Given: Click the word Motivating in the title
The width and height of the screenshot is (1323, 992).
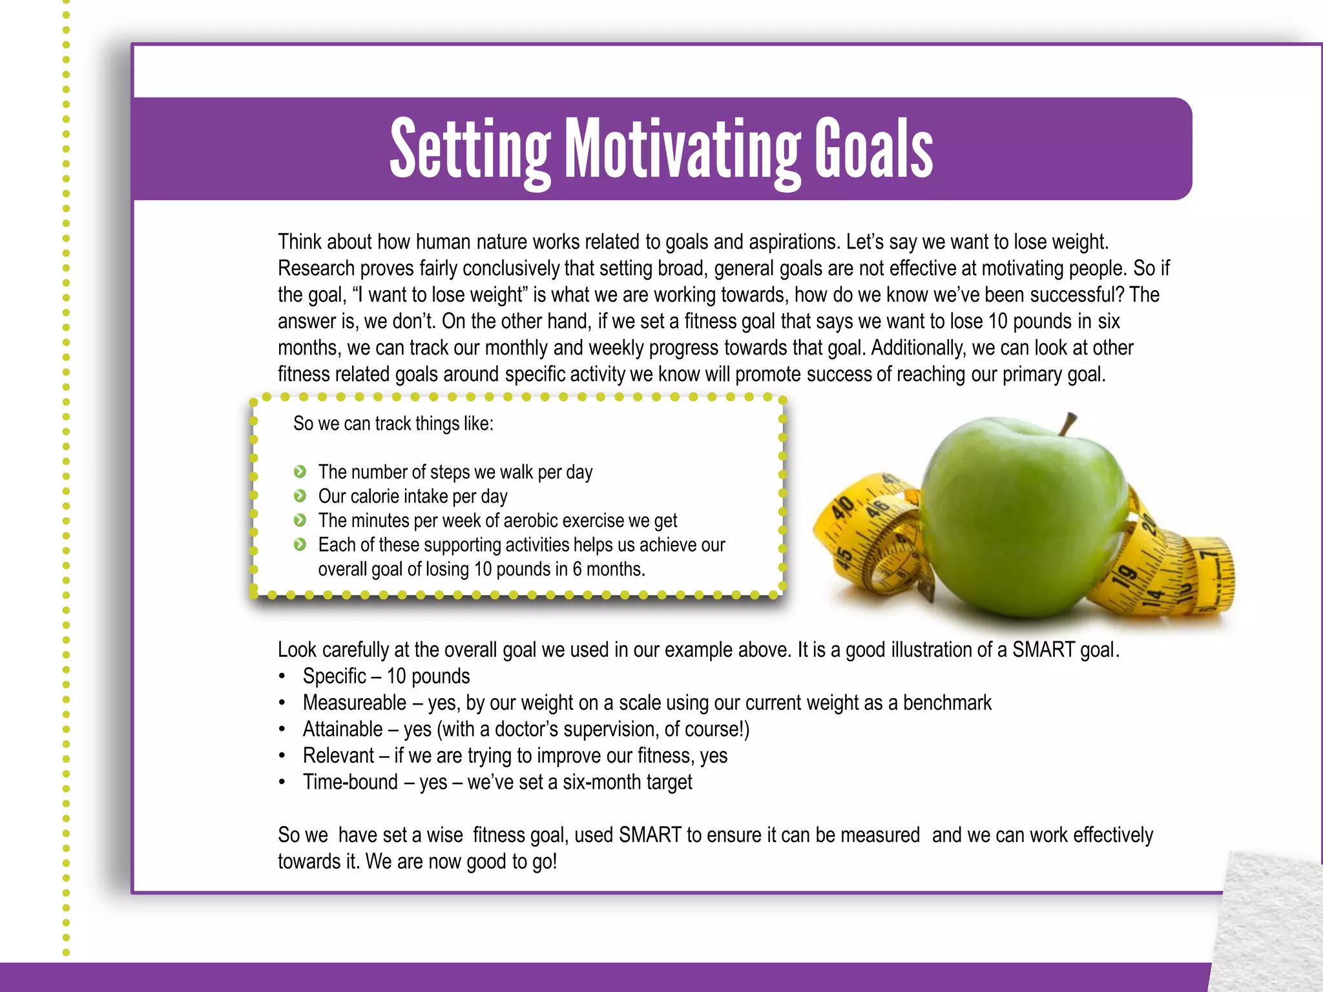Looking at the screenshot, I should tap(682, 150).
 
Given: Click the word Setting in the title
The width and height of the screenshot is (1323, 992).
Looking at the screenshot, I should tap(470, 150).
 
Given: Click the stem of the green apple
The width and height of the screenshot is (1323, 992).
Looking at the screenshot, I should tap(1068, 425).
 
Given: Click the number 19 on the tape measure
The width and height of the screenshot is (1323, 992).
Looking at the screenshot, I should tap(1126, 576).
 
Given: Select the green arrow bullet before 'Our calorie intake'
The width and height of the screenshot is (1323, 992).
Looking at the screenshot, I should tap(300, 496).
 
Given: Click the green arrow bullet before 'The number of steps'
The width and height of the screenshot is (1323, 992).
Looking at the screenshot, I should tap(300, 472).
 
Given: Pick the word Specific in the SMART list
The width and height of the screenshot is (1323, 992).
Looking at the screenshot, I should tap(335, 676).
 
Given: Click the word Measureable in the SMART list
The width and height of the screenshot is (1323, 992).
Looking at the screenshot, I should tap(355, 703).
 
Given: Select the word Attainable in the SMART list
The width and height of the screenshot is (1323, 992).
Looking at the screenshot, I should tap(343, 729).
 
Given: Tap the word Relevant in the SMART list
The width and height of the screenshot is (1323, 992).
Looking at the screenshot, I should tap(339, 756).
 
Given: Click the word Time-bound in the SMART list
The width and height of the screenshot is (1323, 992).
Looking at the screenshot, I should tap(350, 782).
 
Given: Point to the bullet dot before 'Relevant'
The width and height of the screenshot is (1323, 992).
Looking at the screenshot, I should tap(282, 756).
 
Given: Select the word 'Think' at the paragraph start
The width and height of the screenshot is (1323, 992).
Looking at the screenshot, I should tap(300, 242).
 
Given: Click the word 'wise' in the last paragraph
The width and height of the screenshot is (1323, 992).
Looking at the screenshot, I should tap(444, 835).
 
